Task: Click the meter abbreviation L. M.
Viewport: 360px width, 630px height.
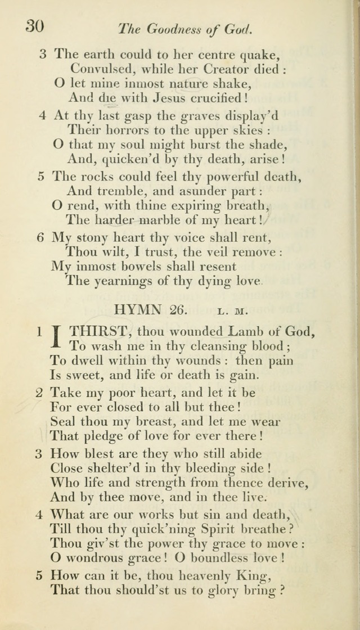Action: coord(232,310)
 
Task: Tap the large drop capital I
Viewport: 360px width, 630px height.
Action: coord(57,339)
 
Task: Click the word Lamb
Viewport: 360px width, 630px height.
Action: coord(249,332)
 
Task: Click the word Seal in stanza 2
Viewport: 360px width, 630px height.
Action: coord(61,422)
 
